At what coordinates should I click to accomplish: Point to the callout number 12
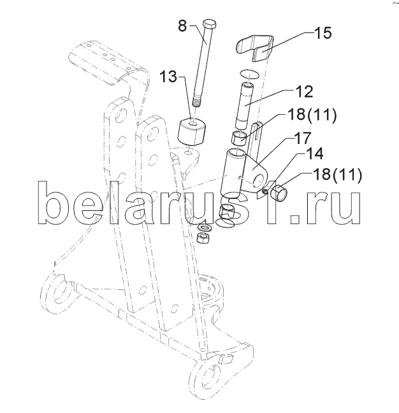pyautogui.click(x=304, y=91)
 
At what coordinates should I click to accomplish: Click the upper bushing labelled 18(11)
pyautogui.click(x=238, y=138)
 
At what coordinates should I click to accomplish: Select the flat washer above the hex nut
pyautogui.click(x=206, y=227)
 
